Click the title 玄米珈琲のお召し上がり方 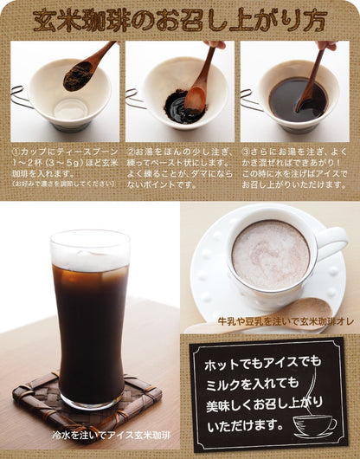[179, 22]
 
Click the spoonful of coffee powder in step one [77, 77]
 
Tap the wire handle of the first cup [21, 97]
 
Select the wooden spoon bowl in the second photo [196, 100]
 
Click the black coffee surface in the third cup [298, 100]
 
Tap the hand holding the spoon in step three [327, 45]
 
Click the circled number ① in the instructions [16, 152]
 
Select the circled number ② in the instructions [131, 152]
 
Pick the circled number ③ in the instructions [246, 152]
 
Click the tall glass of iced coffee [90, 320]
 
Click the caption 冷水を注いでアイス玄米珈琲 [112, 436]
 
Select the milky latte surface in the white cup [271, 255]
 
